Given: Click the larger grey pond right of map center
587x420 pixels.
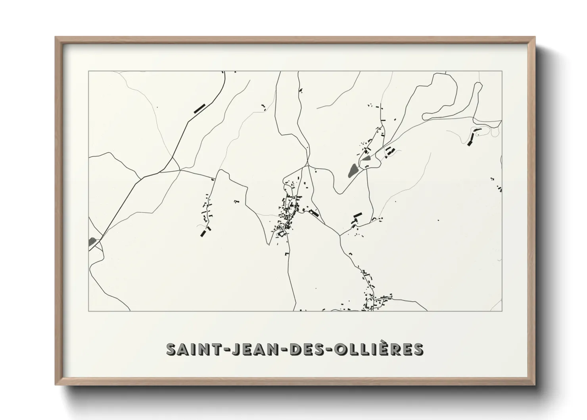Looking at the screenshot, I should click(352, 171).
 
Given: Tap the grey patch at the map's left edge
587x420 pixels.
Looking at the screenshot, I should click(92, 241).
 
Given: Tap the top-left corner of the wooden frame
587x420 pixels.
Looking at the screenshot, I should click(56, 38).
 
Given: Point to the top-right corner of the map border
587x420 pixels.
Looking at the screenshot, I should click(502, 71).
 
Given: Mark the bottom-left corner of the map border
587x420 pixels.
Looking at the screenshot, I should click(88, 311).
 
